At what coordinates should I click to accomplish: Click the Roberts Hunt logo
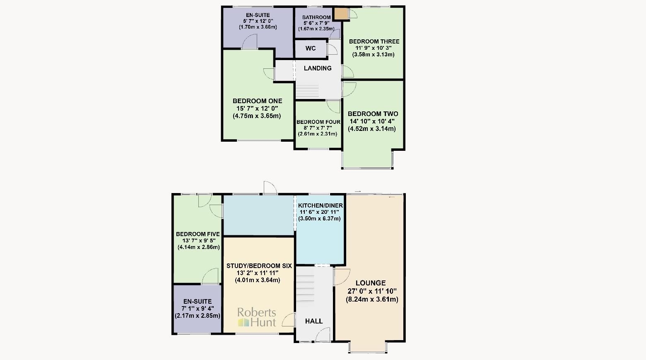coord(256,318)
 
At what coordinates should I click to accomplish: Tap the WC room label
coord(311,48)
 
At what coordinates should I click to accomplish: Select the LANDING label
coord(318,68)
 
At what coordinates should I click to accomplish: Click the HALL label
coord(314,321)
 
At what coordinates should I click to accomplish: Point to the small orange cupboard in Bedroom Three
coord(341,14)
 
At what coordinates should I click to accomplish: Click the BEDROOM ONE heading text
coord(257,101)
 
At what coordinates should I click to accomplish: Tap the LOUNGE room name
coord(370,283)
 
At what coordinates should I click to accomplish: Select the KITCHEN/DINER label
coord(321,206)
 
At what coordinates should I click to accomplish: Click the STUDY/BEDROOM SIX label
coord(259,266)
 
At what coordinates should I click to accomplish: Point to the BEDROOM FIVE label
coord(198,234)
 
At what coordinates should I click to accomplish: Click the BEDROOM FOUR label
coord(318,122)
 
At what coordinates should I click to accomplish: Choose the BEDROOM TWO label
coord(373,114)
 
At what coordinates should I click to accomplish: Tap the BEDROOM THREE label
coord(374,41)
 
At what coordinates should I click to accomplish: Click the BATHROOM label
coord(316,17)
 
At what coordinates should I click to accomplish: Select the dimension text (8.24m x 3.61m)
coord(372,300)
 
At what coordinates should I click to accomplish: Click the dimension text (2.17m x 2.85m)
coord(198,316)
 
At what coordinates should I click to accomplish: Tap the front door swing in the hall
coord(323,335)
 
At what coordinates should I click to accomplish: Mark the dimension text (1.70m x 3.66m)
coord(258,27)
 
